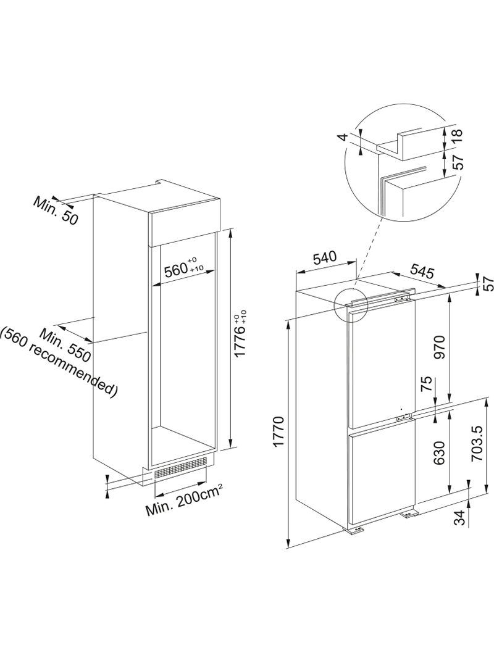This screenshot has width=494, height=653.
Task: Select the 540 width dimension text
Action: [x=325, y=257]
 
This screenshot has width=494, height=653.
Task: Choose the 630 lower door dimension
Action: [x=440, y=452]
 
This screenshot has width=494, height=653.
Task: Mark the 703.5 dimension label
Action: [x=477, y=443]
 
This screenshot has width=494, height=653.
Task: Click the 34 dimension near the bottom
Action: [x=459, y=518]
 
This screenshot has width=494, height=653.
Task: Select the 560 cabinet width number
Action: [x=175, y=271]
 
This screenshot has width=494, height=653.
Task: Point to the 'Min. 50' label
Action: [x=56, y=210]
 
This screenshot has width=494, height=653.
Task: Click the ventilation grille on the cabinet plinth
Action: [x=181, y=467]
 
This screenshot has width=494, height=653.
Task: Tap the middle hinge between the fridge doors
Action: [x=404, y=417]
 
